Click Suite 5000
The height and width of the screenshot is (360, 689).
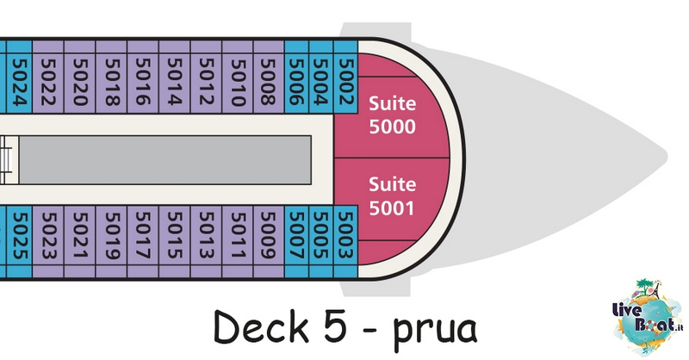coord(392,115)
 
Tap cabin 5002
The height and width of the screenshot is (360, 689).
coord(346,77)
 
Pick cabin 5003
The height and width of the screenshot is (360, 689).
coord(346,242)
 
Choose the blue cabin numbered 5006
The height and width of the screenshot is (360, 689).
coord(296,77)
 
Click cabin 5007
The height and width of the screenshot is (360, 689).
coord(296,242)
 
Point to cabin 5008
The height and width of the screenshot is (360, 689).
coord(269,77)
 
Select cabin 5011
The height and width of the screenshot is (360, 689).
coord(238,242)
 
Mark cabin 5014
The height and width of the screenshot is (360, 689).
coord(175,77)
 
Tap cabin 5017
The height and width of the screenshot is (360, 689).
coord(143,242)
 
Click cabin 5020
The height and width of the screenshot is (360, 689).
coord(79,77)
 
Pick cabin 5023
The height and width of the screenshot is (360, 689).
coord(48,242)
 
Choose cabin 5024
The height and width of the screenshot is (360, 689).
coord(19,77)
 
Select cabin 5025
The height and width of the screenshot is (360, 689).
coord(19,242)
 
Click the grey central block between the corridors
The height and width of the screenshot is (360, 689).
coord(165,160)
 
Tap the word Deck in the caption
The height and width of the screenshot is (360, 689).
coord(261,326)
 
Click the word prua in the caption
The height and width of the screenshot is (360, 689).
coord(434,331)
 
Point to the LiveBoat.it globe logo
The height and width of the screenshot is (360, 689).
coord(648,316)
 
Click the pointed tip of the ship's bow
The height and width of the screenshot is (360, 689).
coord(667,156)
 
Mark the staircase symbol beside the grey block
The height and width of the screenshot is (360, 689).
coord(6,160)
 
